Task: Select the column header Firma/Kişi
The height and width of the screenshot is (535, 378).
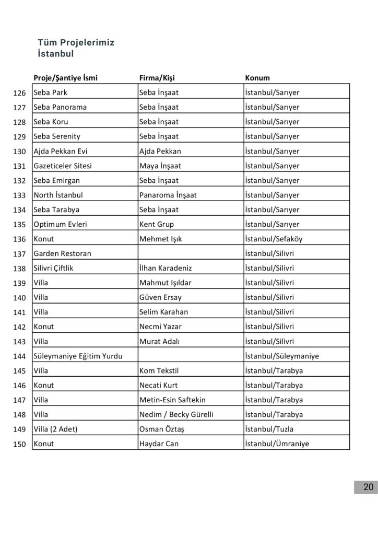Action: [157, 78]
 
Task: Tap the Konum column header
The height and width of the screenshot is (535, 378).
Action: [257, 78]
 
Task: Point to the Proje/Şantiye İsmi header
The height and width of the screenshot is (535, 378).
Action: [65, 78]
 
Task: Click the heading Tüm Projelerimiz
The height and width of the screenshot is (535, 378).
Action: [76, 43]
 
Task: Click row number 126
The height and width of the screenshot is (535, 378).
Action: [19, 93]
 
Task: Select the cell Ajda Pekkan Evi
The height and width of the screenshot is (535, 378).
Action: [61, 151]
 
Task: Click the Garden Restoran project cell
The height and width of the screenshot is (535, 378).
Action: [62, 253]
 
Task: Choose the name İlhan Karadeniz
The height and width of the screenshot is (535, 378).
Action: [166, 268]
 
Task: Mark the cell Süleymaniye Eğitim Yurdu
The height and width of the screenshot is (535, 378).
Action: [78, 356]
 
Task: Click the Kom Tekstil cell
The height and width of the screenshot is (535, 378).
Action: [159, 370]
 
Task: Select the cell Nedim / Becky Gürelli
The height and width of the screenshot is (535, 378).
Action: [176, 414]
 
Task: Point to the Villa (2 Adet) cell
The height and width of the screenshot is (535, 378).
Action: [55, 429]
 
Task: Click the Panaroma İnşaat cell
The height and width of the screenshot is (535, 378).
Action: [168, 195]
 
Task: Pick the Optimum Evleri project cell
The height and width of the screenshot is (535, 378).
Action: [60, 224]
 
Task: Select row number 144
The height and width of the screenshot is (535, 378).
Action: [19, 356]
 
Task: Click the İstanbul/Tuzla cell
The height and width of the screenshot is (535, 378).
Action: [269, 429]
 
